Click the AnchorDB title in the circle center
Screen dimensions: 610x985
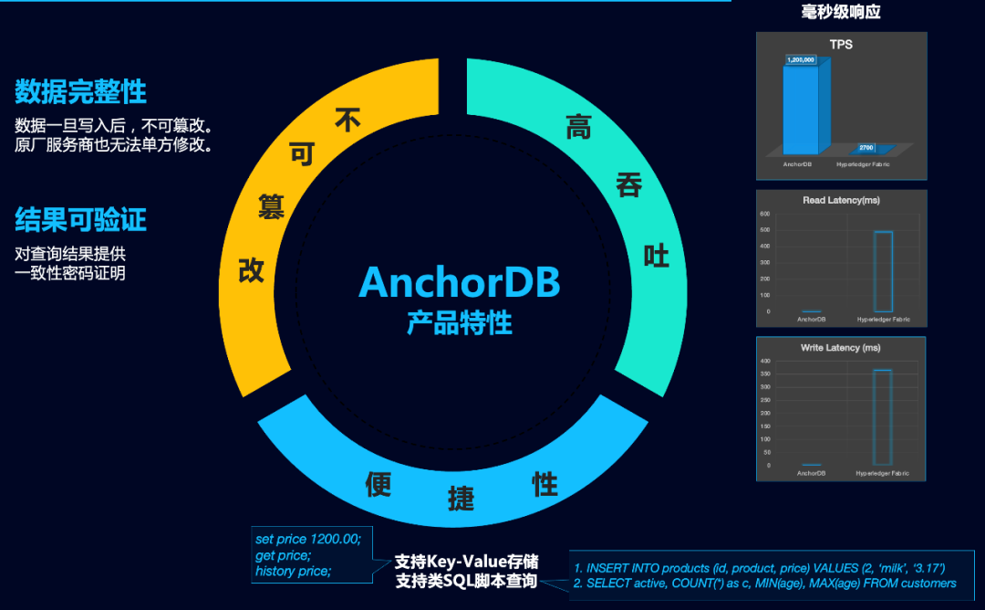(459, 282)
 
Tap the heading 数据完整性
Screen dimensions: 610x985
(80, 91)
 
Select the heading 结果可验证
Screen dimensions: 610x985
(80, 219)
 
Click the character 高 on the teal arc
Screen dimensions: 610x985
(578, 127)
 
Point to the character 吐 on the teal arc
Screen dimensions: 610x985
(656, 256)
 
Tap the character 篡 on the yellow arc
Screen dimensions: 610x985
(271, 206)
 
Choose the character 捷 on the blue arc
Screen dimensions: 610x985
(461, 499)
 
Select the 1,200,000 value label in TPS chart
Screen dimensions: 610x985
(800, 60)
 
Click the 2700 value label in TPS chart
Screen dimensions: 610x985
(866, 147)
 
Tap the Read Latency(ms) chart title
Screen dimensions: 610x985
(841, 200)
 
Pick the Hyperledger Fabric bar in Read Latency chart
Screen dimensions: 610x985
(883, 271)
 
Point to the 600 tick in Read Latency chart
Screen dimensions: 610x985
(765, 214)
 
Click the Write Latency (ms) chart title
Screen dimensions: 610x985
(841, 348)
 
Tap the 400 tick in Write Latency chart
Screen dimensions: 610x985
(765, 361)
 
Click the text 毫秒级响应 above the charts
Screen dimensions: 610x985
(841, 12)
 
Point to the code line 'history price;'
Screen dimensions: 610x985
(293, 572)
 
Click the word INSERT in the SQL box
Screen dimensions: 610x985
(607, 568)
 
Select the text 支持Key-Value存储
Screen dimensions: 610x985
(466, 562)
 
